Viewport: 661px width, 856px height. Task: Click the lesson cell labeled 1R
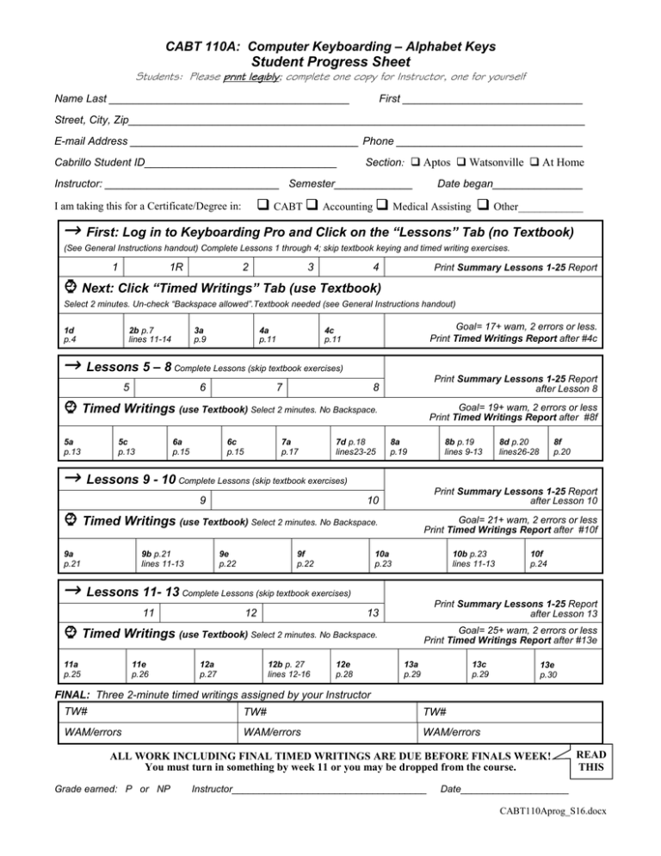click(x=176, y=266)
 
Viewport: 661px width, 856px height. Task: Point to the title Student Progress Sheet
click(x=330, y=60)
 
